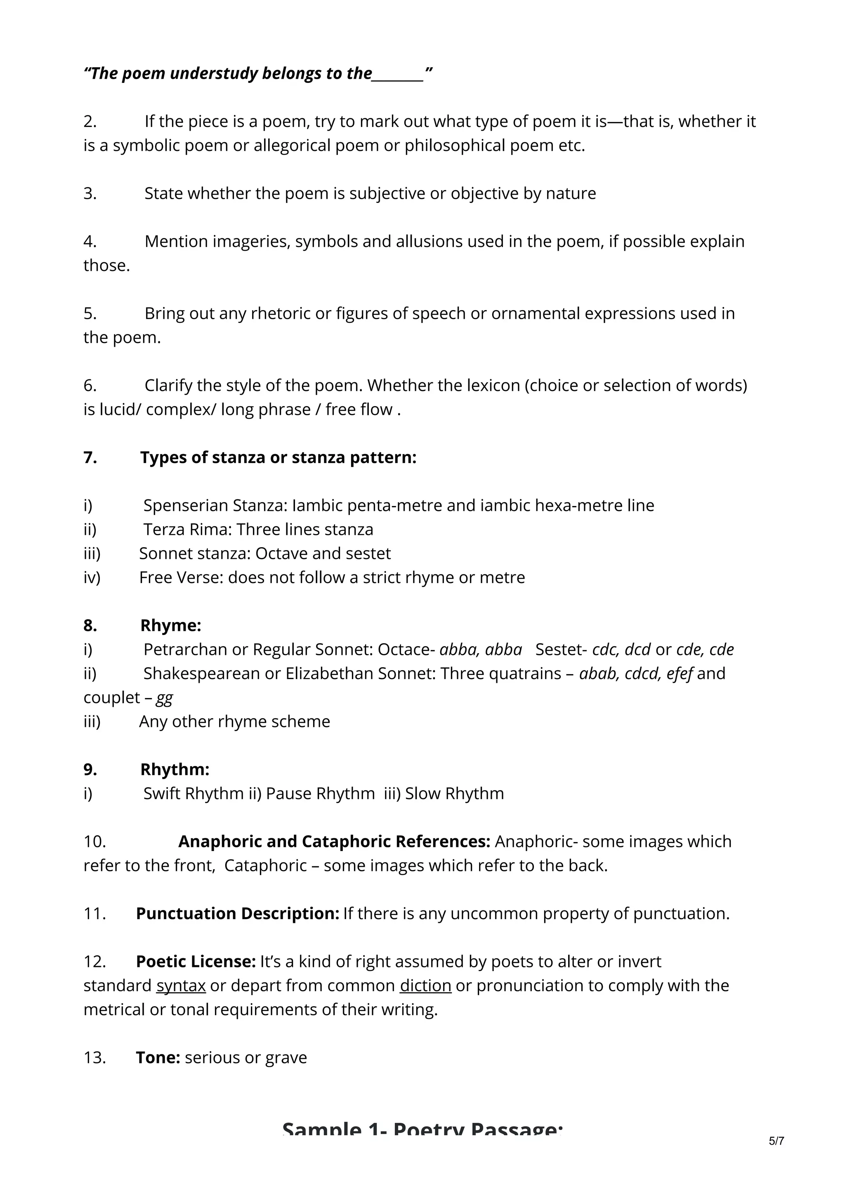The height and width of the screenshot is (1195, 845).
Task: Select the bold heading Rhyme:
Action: [170, 625]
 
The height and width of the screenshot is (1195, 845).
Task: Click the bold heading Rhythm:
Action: [175, 769]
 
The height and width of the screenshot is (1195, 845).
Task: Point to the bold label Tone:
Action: [158, 1058]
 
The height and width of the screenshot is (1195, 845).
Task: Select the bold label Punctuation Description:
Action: [237, 913]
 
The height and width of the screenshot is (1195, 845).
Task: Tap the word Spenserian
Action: [185, 506]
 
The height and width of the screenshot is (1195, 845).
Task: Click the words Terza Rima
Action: [187, 529]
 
